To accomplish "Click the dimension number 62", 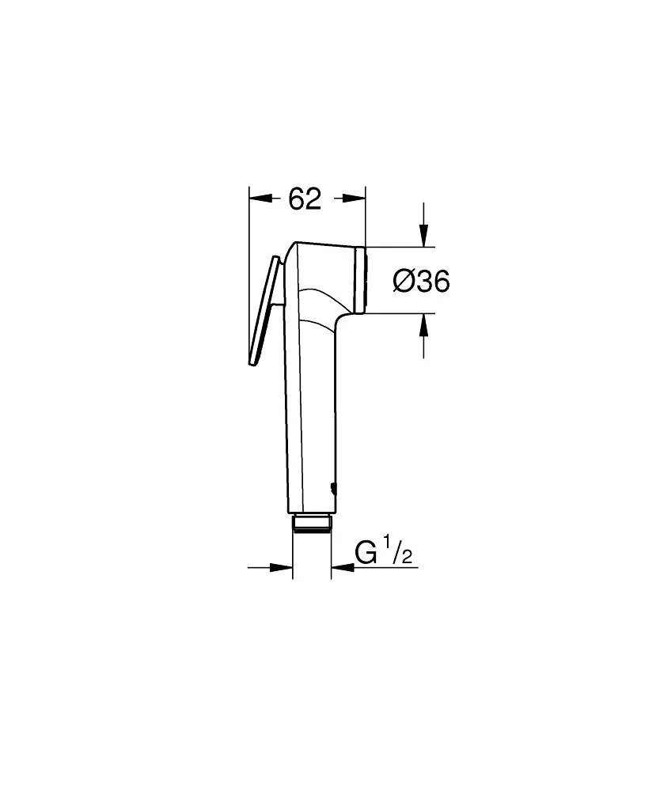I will pyautogui.click(x=305, y=200).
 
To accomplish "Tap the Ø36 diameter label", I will pyautogui.click(x=422, y=281).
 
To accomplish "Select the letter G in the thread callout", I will pyautogui.click(x=365, y=552).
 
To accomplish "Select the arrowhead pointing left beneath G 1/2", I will pyautogui.click(x=340, y=566).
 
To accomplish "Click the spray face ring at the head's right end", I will pyautogui.click(x=362, y=279).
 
